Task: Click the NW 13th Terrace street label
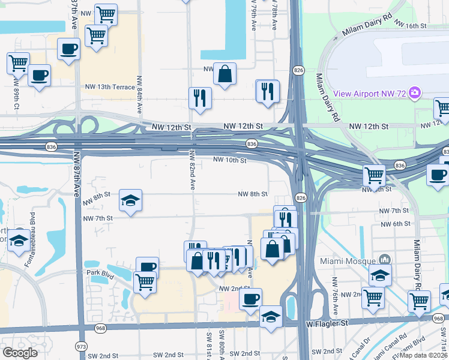[x=109, y=87]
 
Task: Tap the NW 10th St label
[x=230, y=161]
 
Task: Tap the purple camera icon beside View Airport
[x=414, y=93]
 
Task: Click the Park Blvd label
[x=100, y=272]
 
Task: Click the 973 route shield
[x=81, y=346]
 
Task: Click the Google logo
[x=20, y=352]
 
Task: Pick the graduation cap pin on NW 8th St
[x=130, y=200]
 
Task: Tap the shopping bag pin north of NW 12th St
[x=224, y=74]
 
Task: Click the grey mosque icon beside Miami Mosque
[x=384, y=260]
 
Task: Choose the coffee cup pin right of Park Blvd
[x=147, y=267]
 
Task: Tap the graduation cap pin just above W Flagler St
[x=271, y=316]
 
